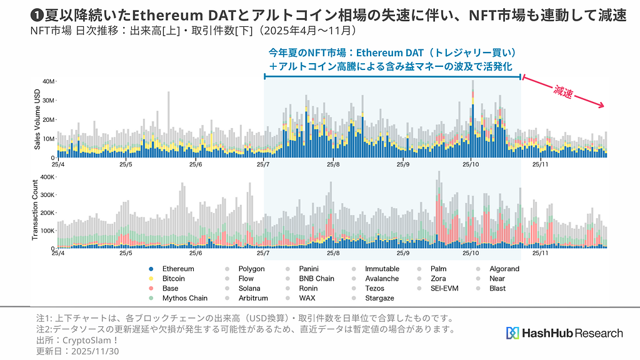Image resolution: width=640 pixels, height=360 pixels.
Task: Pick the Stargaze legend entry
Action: click(x=379, y=298)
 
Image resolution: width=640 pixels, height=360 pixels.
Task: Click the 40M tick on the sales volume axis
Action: click(x=49, y=82)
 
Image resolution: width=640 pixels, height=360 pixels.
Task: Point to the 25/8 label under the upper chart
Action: click(x=333, y=165)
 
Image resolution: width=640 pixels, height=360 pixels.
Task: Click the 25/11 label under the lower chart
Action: click(x=541, y=254)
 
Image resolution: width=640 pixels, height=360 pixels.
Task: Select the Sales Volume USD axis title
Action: click(x=37, y=119)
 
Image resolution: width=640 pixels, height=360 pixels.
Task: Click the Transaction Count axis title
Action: click(x=36, y=212)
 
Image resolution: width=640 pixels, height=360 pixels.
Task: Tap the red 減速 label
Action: click(x=562, y=92)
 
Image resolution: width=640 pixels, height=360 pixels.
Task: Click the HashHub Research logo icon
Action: click(x=512, y=333)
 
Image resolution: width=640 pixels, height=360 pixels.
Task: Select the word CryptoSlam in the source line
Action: click(x=89, y=341)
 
